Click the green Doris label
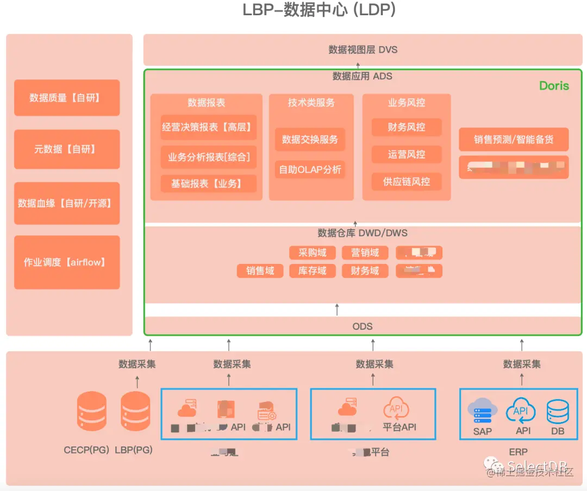click(x=554, y=86)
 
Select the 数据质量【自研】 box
click(x=67, y=98)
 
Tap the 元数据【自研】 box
click(x=67, y=149)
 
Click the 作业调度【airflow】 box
click(x=67, y=262)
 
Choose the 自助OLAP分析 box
click(x=310, y=169)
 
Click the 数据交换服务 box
click(x=310, y=140)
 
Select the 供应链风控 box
click(x=407, y=181)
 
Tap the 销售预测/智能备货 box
click(x=514, y=140)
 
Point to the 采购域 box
click(x=313, y=253)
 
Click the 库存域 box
click(x=313, y=270)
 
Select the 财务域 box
click(x=365, y=270)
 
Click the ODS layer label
click(x=363, y=326)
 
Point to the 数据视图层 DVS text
click(x=363, y=49)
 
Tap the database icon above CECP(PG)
click(x=92, y=411)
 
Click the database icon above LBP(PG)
click(x=135, y=411)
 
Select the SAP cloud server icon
click(x=482, y=411)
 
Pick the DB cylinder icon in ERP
click(x=558, y=412)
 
